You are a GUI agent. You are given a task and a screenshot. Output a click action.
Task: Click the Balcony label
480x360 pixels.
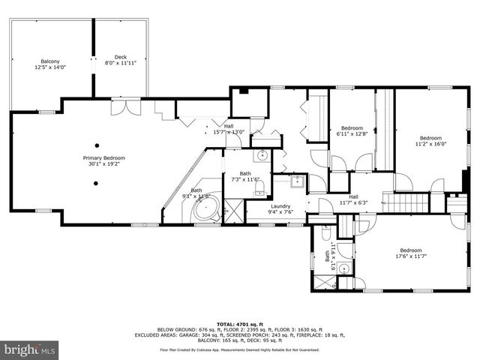50,61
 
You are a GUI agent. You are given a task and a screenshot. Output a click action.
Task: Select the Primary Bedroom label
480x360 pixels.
103,158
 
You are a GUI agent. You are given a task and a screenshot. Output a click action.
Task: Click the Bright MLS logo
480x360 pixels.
29,349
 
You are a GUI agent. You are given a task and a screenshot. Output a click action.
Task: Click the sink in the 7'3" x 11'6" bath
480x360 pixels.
262,156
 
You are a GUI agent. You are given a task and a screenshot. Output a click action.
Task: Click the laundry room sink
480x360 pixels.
296,180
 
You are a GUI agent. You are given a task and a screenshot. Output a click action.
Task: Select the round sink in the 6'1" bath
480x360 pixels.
344,268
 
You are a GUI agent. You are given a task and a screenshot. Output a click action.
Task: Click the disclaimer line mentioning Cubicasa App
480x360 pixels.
239,349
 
